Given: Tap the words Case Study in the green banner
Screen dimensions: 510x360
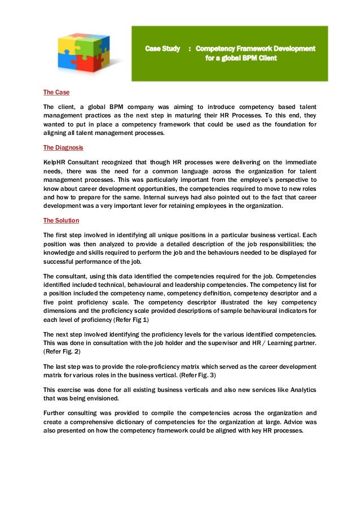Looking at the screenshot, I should (163, 49).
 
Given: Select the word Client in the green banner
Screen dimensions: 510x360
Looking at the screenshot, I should (265, 58).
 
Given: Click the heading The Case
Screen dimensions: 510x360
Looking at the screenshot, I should (56, 92).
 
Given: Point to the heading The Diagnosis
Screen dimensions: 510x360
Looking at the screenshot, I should (63, 147).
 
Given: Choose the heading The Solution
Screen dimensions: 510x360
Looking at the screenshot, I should (61, 220).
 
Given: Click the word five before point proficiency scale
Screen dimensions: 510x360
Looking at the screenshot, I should (52, 303).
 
